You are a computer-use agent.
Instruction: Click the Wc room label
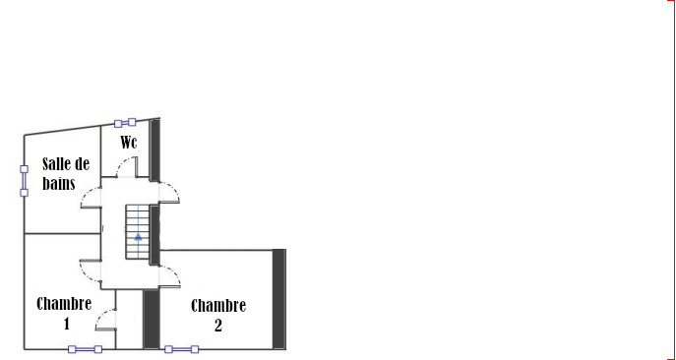pyautogui.click(x=129, y=143)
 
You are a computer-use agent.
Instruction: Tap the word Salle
pyautogui.click(x=55, y=163)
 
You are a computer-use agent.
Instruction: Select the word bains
pyautogui.click(x=59, y=182)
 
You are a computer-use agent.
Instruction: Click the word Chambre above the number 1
pyautogui.click(x=64, y=304)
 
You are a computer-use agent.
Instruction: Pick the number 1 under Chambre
pyautogui.click(x=66, y=323)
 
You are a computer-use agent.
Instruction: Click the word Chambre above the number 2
pyautogui.click(x=218, y=306)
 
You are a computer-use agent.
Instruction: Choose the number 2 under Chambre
pyautogui.click(x=218, y=325)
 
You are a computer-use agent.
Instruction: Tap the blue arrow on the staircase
pyautogui.click(x=139, y=237)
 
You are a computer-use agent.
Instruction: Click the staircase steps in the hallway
pyautogui.click(x=138, y=221)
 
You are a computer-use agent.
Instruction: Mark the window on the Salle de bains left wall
pyautogui.click(x=25, y=181)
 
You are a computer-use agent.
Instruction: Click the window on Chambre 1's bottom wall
pyautogui.click(x=85, y=348)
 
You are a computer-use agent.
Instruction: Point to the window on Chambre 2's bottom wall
pyautogui.click(x=181, y=348)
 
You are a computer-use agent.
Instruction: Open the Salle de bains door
pyautogui.click(x=90, y=206)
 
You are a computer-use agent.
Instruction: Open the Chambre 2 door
pyautogui.click(x=168, y=276)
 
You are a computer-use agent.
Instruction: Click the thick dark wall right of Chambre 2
pyautogui.click(x=278, y=298)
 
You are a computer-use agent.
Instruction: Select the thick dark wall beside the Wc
pyautogui.click(x=154, y=150)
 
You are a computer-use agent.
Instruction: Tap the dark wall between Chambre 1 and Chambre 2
pyautogui.click(x=152, y=318)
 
